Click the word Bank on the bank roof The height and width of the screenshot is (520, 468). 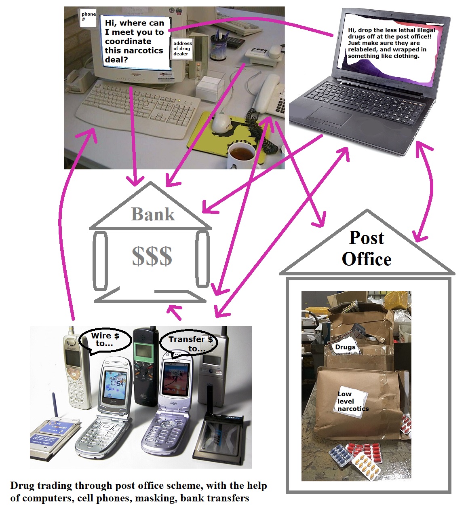click(x=153, y=214)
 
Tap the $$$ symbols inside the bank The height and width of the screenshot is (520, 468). click(x=152, y=256)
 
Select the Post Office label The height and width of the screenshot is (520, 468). click(x=367, y=249)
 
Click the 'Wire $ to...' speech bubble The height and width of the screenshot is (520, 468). click(x=105, y=340)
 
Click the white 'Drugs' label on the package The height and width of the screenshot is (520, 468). click(x=345, y=347)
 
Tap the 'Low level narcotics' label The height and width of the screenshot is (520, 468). click(x=352, y=401)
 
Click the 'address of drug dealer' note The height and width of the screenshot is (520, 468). click(x=182, y=49)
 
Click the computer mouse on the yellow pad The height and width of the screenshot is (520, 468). click(x=222, y=123)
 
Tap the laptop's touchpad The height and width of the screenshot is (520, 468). click(x=330, y=117)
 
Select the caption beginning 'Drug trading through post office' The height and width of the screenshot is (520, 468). click(x=138, y=492)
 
